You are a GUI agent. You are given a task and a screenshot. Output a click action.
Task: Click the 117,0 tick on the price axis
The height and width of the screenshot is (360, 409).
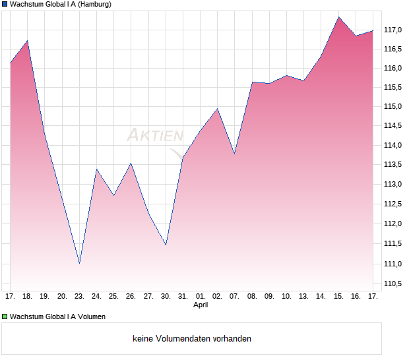click(x=393, y=30)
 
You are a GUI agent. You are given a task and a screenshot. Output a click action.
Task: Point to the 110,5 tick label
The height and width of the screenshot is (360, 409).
click(x=393, y=284)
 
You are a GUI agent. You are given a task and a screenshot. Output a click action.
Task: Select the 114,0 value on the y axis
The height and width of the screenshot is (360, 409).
click(x=393, y=146)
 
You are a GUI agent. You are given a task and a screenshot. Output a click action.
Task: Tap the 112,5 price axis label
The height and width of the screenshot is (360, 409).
click(x=393, y=204)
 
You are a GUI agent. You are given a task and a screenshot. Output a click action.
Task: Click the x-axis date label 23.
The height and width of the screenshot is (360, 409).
click(x=79, y=296)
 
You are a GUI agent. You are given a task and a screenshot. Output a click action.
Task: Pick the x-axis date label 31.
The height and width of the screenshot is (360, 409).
click(x=183, y=296)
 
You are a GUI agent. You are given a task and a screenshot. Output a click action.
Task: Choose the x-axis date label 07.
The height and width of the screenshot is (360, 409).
click(x=234, y=296)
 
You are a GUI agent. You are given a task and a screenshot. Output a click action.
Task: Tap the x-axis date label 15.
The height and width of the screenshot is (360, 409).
click(x=338, y=296)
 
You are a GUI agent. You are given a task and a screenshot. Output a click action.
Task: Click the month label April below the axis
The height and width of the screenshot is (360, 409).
click(x=201, y=305)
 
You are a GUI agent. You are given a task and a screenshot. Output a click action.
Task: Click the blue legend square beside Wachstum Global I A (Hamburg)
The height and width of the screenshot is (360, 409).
click(x=5, y=4)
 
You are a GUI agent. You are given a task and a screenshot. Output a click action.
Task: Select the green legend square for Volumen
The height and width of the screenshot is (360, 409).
click(x=5, y=316)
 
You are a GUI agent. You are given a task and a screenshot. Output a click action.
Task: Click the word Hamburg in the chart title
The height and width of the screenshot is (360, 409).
click(x=92, y=4)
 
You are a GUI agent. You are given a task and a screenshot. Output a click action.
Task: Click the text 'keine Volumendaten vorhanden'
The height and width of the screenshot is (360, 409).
click(x=192, y=338)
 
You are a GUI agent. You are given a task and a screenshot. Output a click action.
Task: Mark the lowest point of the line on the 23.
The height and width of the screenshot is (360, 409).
click(x=79, y=263)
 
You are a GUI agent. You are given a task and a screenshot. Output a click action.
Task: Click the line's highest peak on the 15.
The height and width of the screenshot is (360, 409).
click(x=338, y=17)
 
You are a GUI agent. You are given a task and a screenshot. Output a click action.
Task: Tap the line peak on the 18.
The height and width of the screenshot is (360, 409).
click(x=27, y=41)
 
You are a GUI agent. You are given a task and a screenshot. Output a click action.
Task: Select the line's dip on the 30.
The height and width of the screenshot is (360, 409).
click(x=166, y=245)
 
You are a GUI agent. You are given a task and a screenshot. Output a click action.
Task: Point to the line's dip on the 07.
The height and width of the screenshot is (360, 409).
click(x=234, y=154)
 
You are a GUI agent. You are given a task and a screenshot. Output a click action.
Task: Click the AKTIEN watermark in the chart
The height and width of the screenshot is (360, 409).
click(x=155, y=136)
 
